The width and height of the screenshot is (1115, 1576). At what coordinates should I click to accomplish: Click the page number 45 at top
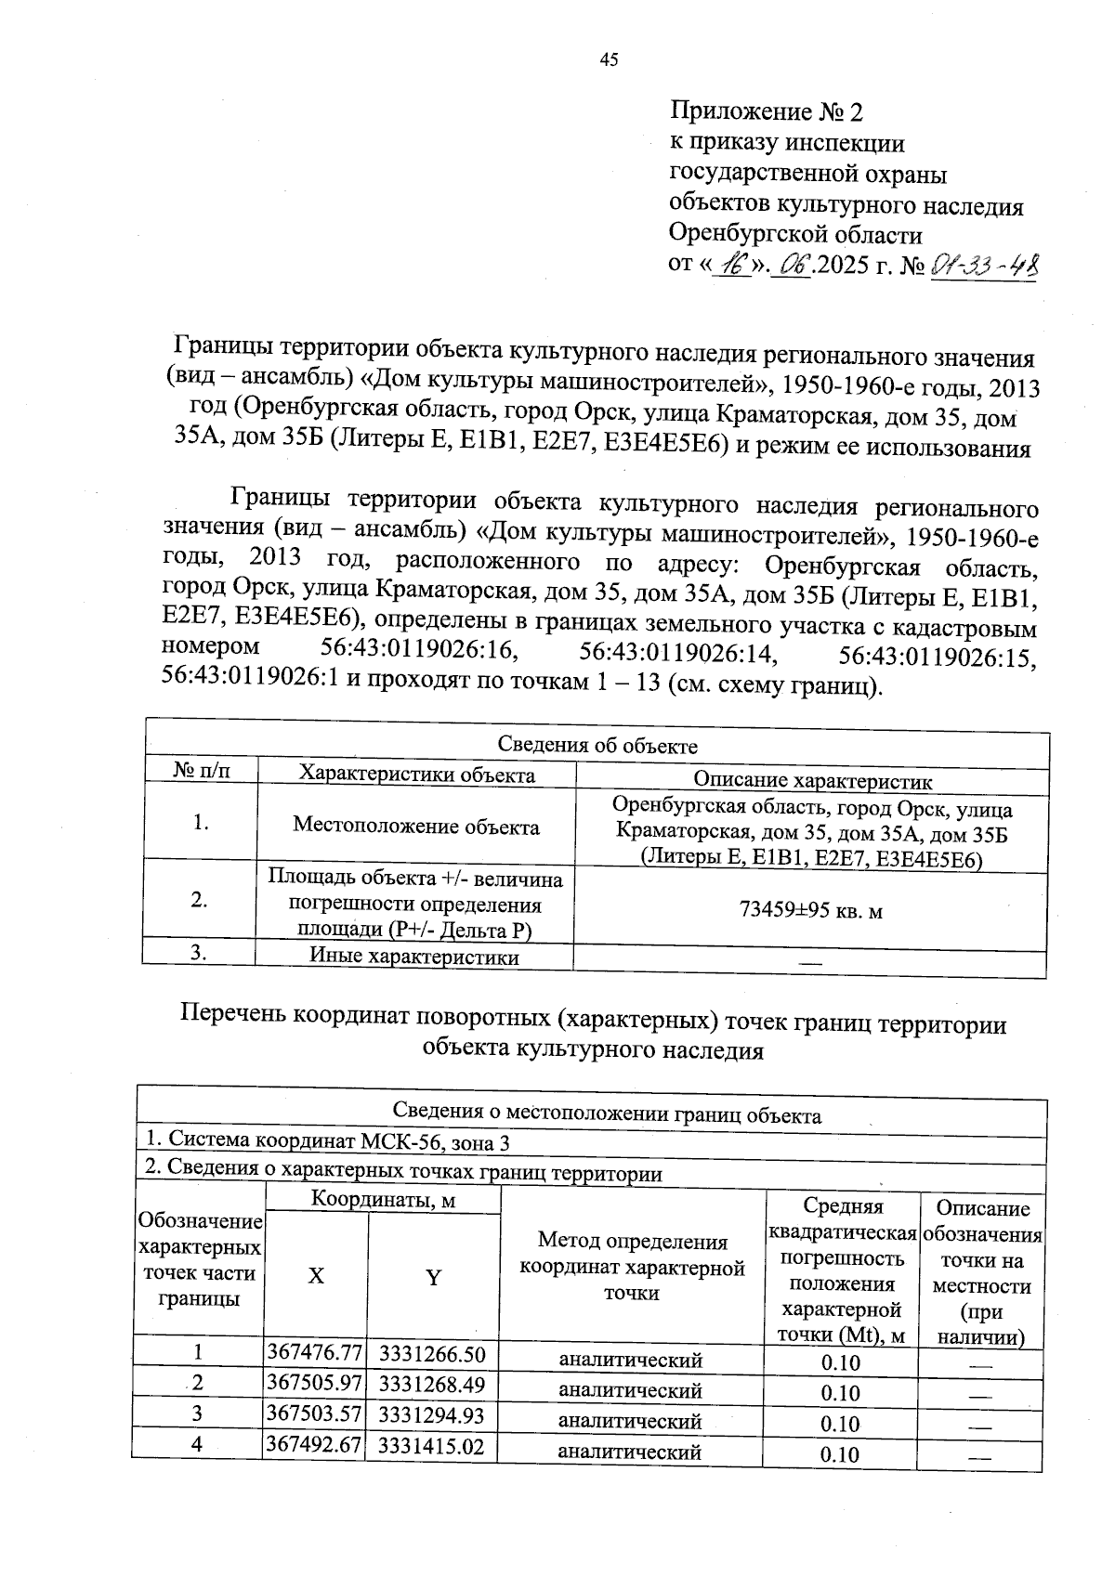(609, 60)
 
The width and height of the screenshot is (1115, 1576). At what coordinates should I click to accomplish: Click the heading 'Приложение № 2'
(767, 112)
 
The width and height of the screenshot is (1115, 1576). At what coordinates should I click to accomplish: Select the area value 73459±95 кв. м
(810, 911)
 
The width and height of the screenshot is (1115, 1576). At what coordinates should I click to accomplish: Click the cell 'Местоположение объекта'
(415, 827)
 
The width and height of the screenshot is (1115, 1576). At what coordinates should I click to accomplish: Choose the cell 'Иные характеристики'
(413, 957)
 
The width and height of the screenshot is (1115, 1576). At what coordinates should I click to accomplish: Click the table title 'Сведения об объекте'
(597, 746)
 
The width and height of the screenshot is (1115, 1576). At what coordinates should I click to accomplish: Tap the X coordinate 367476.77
(314, 1352)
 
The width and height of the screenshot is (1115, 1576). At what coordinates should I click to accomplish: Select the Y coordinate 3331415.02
(432, 1446)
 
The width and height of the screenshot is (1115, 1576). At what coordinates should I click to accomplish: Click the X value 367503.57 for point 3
(314, 1414)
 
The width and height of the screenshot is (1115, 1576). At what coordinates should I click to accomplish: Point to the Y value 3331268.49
(432, 1384)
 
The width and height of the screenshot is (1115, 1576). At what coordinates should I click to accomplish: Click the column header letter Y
(433, 1278)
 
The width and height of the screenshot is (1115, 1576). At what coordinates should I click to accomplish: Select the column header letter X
(316, 1277)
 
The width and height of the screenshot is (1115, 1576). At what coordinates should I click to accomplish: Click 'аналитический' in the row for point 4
(629, 1452)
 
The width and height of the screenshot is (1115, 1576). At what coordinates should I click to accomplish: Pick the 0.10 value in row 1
(840, 1363)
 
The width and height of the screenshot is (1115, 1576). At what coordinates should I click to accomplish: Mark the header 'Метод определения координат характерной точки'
(632, 1267)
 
